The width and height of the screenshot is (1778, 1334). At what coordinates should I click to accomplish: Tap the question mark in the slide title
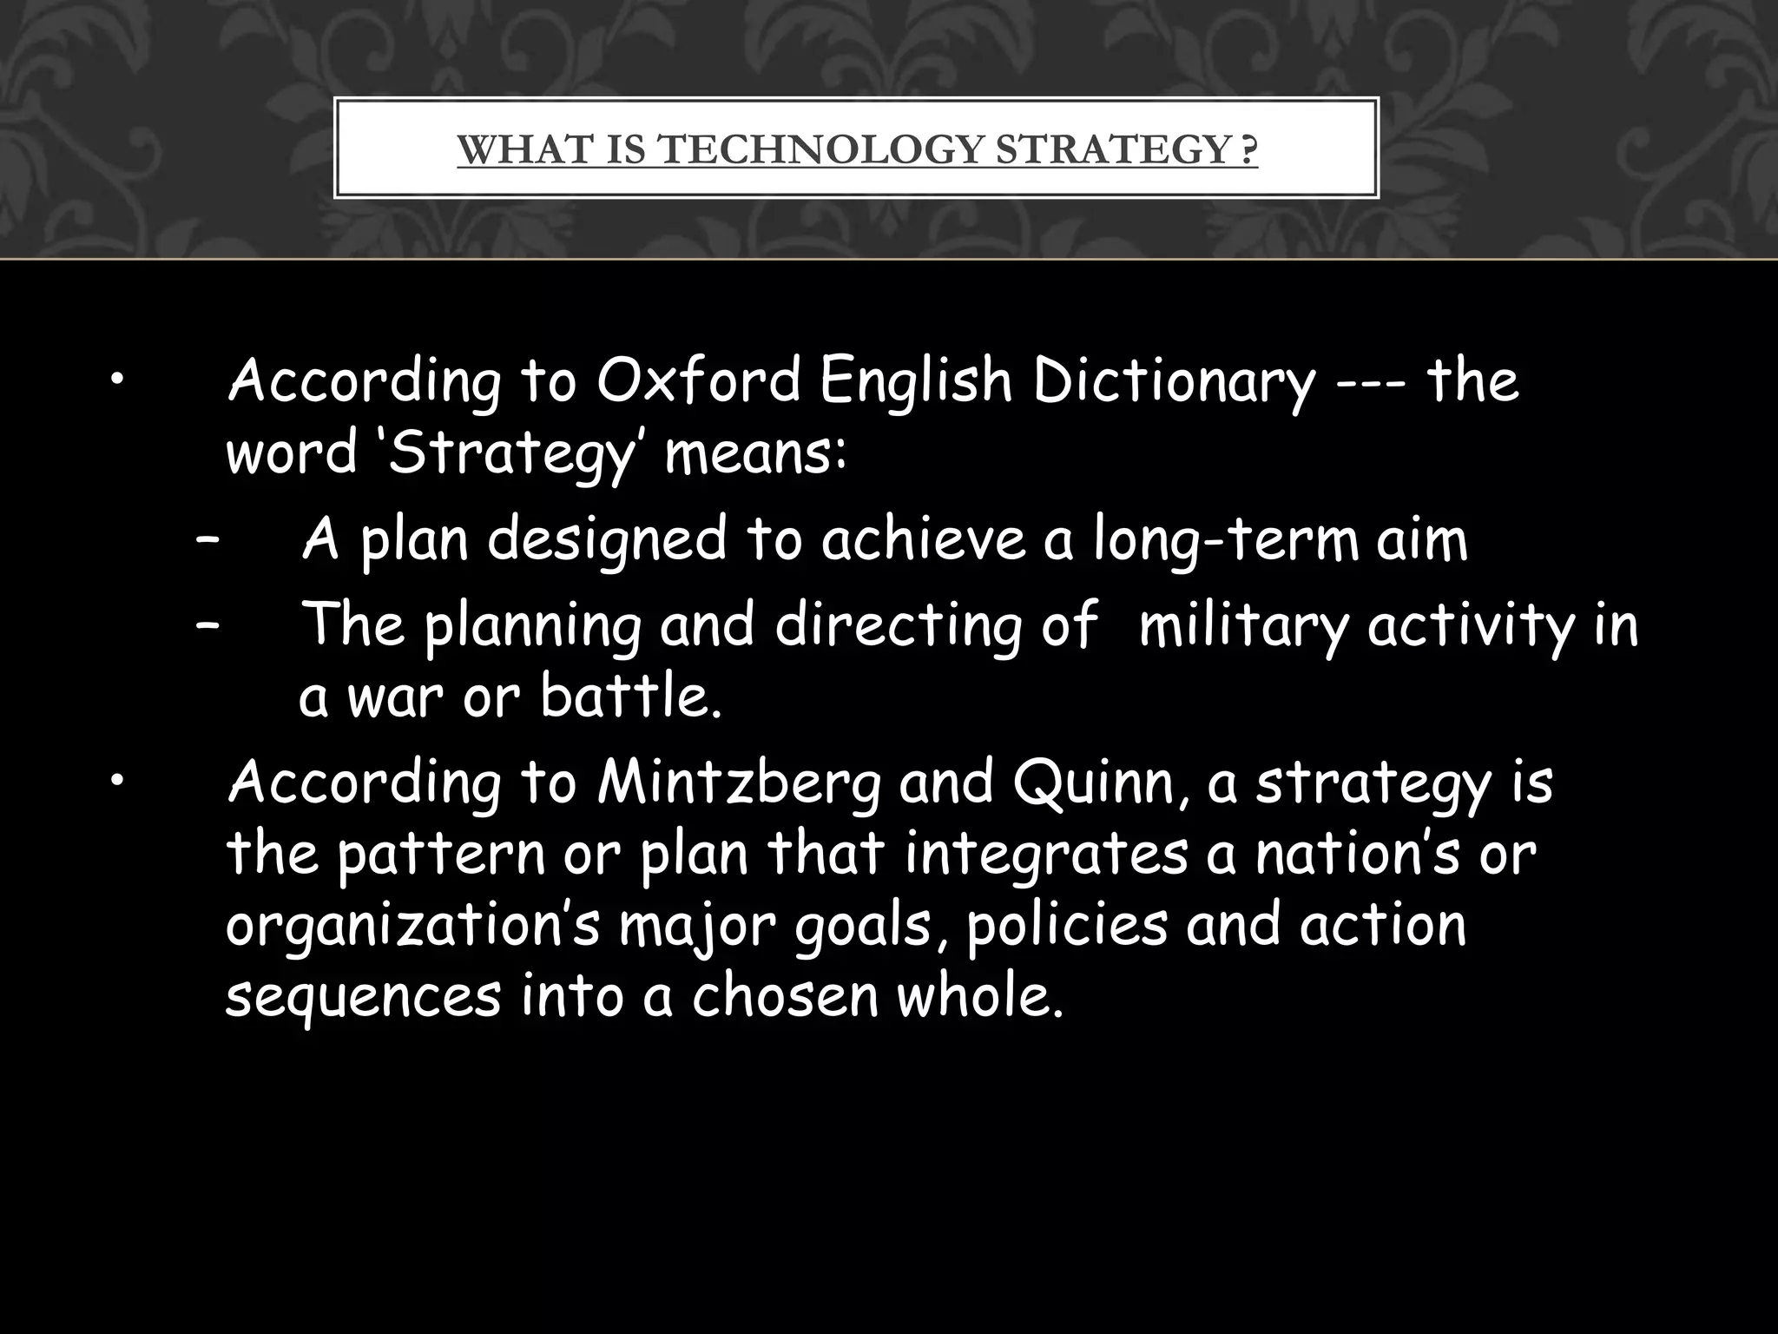click(1248, 150)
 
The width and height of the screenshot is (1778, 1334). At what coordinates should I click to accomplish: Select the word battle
click(630, 697)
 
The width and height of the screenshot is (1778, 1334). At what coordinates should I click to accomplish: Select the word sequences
click(363, 997)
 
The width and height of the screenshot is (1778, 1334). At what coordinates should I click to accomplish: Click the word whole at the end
click(979, 995)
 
